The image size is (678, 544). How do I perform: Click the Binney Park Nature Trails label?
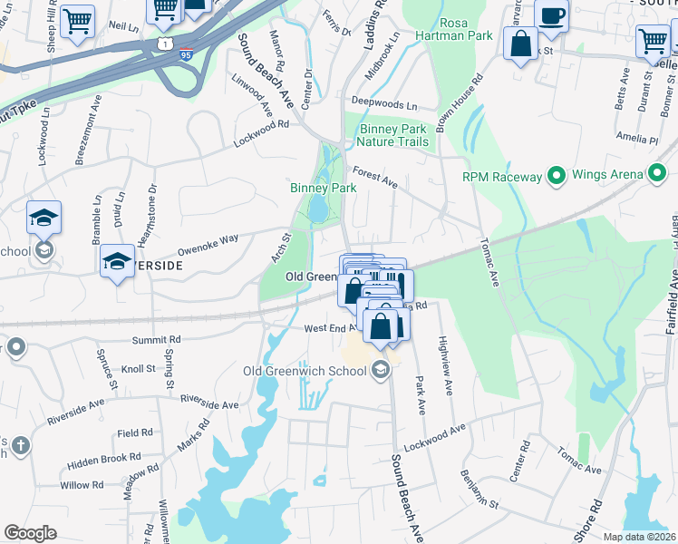click(x=392, y=135)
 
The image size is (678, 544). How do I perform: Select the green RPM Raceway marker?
click(x=556, y=176)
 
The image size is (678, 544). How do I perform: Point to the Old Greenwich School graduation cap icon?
click(x=381, y=368)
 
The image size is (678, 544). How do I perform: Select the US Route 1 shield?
click(x=164, y=43)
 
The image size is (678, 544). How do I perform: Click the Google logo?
click(x=30, y=533)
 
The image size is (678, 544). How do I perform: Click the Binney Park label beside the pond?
click(x=323, y=188)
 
